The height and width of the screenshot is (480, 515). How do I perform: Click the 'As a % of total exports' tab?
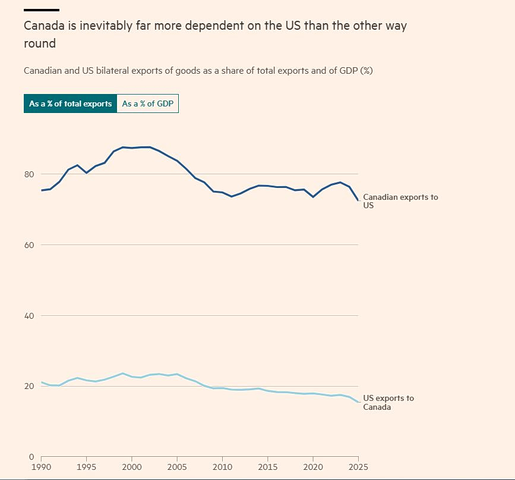coord(70,103)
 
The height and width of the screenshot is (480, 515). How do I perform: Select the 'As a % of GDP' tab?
coord(148,103)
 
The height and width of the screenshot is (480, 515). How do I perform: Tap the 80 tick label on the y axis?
coord(29,174)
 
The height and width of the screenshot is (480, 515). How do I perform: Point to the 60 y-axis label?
coord(29,245)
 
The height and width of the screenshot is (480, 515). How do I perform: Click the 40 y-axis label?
coord(29,316)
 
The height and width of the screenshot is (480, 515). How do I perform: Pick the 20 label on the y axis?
coord(29,386)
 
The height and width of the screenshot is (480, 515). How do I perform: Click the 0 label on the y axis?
coord(31,457)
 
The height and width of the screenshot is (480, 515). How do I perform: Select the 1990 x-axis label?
coord(41,467)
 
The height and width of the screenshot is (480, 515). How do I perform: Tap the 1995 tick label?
coord(86,467)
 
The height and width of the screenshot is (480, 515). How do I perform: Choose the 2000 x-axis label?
coord(132,467)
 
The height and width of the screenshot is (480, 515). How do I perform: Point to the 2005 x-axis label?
coord(177,467)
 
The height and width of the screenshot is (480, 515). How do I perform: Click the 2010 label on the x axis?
coord(222,467)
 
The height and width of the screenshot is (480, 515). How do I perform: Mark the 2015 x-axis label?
coord(268,467)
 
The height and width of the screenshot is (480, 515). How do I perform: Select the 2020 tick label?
coord(313,467)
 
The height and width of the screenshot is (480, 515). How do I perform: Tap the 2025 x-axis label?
coord(358,467)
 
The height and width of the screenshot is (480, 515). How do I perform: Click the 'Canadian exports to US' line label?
coord(400,201)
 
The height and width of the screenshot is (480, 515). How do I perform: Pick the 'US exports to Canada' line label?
coord(388,402)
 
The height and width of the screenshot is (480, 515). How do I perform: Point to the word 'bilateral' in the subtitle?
coord(113,71)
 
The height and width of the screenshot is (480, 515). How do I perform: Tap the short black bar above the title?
coord(42,10)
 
